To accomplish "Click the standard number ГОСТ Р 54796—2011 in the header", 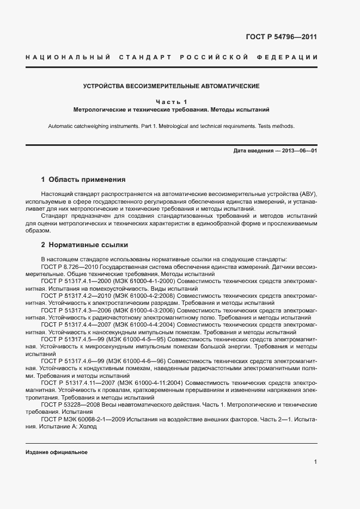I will tap(282, 37).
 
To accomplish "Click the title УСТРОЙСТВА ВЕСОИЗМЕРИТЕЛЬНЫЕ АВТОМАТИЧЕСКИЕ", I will tap(171, 86).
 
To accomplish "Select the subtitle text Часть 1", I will tap(171, 102).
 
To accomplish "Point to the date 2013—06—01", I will tap(298, 150).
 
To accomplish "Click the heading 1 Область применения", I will tap(83, 179).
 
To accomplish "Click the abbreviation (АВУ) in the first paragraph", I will tap(306, 194).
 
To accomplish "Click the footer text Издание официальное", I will tap(56, 452).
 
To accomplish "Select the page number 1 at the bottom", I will tap(315, 462).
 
